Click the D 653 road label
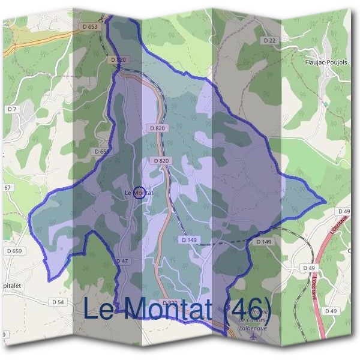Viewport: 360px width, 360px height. (x=89, y=26)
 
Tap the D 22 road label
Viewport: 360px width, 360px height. (x=269, y=40)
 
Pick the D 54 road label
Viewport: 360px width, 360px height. (x=58, y=302)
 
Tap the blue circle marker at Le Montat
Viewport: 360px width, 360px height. (x=139, y=193)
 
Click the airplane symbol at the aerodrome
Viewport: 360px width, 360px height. (x=253, y=337)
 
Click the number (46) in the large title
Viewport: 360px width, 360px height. (x=247, y=310)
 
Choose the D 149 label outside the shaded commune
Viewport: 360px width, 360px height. (x=264, y=241)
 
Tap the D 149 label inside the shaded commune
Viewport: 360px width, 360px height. (x=189, y=239)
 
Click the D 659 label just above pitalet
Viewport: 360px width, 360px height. (x=14, y=251)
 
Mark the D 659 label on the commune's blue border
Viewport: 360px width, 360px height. (x=103, y=152)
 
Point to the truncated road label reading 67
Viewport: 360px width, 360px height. (x=7, y=188)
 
